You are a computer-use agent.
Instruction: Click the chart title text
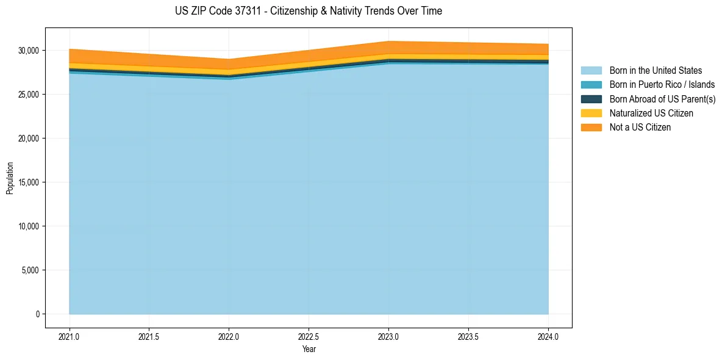(x=308, y=11)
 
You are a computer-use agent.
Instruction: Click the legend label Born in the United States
(x=655, y=71)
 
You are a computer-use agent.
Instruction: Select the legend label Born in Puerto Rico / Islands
(x=662, y=85)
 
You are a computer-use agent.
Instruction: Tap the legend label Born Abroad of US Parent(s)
(x=662, y=99)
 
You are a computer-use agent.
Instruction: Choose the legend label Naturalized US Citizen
(x=651, y=113)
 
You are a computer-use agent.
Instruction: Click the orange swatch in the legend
(x=591, y=128)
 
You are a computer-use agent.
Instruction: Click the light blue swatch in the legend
(x=591, y=71)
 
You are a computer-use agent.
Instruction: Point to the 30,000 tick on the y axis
(x=29, y=51)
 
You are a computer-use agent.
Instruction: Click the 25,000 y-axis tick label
(x=29, y=95)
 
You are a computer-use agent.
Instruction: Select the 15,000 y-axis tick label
(x=29, y=182)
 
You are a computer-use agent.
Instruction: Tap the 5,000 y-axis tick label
(x=31, y=270)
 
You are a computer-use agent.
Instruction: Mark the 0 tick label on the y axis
(x=37, y=314)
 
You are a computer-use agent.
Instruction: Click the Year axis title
(x=309, y=349)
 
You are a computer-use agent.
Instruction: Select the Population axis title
(x=10, y=178)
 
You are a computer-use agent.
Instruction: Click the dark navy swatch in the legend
(x=591, y=99)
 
